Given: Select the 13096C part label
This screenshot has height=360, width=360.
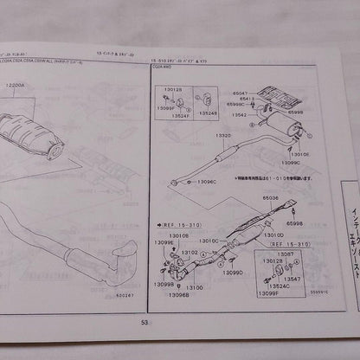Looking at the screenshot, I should pyautogui.click(x=206, y=182).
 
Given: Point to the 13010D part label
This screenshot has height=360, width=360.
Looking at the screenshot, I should pyautogui.click(x=273, y=235).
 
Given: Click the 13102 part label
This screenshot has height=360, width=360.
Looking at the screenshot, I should pyautogui.click(x=189, y=253).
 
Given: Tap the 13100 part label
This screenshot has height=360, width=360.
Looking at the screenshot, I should pyautogui.click(x=195, y=286).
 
